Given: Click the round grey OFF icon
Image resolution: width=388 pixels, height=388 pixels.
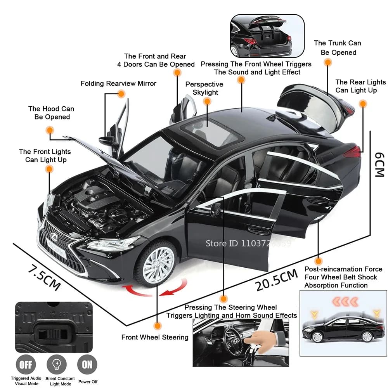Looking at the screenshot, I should pos(26,365).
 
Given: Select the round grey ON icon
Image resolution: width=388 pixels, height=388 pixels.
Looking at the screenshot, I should pos(87,365).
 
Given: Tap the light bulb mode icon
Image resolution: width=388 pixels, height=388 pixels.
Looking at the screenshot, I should pos(57,365).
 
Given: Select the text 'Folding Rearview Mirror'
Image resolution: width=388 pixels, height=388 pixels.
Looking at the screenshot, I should pos(118,83).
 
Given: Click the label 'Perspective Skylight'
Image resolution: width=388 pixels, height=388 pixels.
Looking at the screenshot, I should pos(204,88).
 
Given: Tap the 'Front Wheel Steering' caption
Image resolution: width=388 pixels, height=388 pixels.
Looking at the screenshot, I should pos(155,337).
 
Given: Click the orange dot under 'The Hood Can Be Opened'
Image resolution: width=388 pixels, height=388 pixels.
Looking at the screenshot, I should pos(50,130).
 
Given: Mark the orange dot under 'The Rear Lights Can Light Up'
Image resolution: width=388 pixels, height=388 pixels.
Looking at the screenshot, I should pos(363,104).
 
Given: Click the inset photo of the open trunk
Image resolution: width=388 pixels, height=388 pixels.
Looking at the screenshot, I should pos(267,36).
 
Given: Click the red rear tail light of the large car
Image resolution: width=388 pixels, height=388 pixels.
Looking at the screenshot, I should pos(352,151).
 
